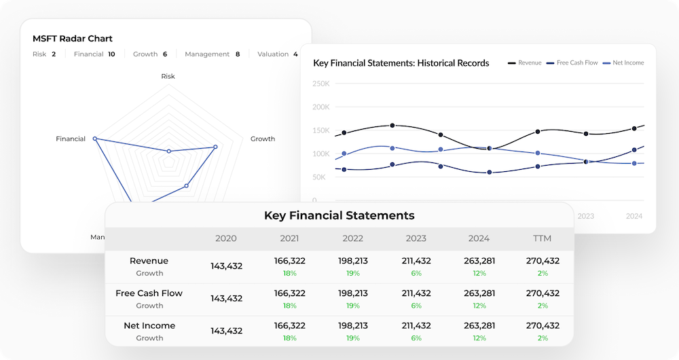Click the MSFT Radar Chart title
pyautogui.click(x=73, y=39)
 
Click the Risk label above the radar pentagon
pyautogui.click(x=168, y=76)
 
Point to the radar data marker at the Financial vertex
pyautogui.click(x=95, y=139)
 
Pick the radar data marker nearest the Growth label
pyautogui.click(x=215, y=147)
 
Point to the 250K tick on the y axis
pyautogui.click(x=320, y=84)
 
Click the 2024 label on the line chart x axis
pyautogui.click(x=634, y=216)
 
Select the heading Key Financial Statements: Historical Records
pyautogui.click(x=401, y=63)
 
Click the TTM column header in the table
pyautogui.click(x=543, y=238)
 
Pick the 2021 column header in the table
pyautogui.click(x=290, y=238)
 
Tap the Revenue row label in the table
pyautogui.click(x=149, y=261)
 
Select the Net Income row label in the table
pyautogui.click(x=149, y=326)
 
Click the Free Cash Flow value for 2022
pyautogui.click(x=352, y=293)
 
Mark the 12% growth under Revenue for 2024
pyautogui.click(x=479, y=273)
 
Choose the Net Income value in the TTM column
pyautogui.click(x=543, y=326)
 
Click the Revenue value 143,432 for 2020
pyautogui.click(x=226, y=266)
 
